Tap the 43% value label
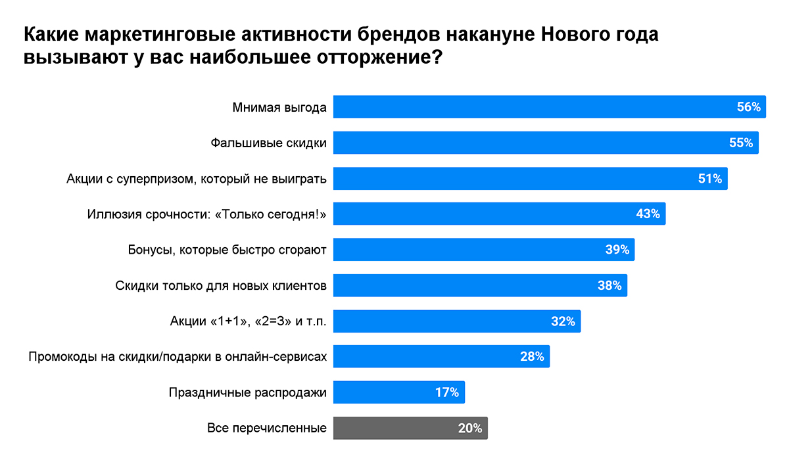click(648, 214)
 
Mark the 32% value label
click(563, 321)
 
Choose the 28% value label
click(532, 357)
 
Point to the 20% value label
click(470, 429)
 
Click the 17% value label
click(446, 392)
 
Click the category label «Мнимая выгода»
click(279, 107)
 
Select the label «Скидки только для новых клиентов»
click(221, 286)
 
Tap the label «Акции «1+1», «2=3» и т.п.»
click(248, 321)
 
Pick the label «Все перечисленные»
click(267, 429)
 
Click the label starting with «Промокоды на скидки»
click(178, 357)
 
